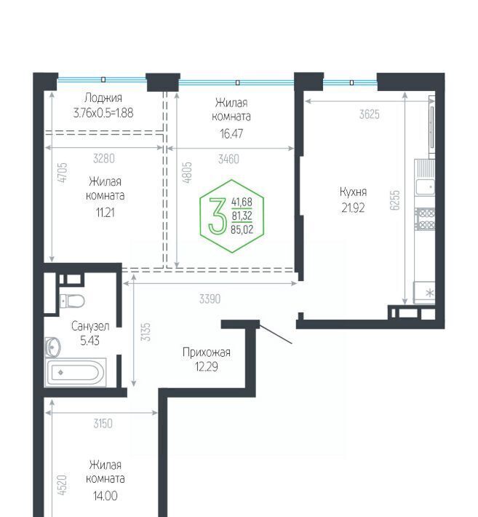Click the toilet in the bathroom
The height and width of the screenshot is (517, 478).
(72, 301)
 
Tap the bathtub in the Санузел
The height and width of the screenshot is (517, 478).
(76, 372)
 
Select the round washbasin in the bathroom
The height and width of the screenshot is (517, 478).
(52, 347)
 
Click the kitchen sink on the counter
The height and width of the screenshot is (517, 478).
(425, 187)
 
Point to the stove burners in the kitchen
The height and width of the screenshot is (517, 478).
(426, 218)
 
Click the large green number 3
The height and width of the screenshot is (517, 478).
(218, 216)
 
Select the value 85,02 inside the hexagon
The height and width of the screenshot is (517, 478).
(242, 229)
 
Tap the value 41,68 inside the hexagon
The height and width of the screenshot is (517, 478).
(242, 202)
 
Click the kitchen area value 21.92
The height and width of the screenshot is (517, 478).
(353, 208)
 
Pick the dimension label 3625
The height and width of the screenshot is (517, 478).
(370, 114)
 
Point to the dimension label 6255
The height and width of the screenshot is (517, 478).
(394, 200)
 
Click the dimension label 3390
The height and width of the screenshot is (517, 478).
(210, 299)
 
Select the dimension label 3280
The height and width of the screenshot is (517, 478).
(104, 159)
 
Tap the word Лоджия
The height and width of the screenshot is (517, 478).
(103, 98)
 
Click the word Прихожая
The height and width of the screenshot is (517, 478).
(207, 352)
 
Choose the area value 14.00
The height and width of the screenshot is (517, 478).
(105, 496)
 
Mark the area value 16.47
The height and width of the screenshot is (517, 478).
(231, 133)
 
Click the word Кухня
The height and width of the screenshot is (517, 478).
(353, 192)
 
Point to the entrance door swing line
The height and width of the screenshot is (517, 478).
(276, 334)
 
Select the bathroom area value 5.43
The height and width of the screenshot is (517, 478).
(89, 341)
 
